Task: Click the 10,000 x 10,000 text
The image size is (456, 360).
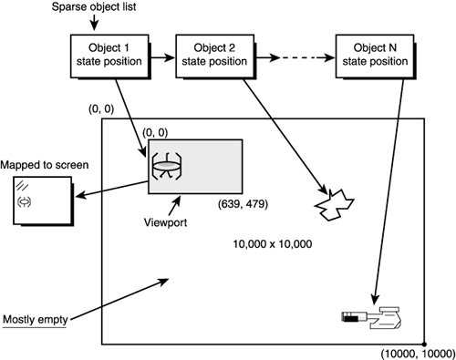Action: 273,245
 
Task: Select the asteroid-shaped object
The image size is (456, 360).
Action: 333,207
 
